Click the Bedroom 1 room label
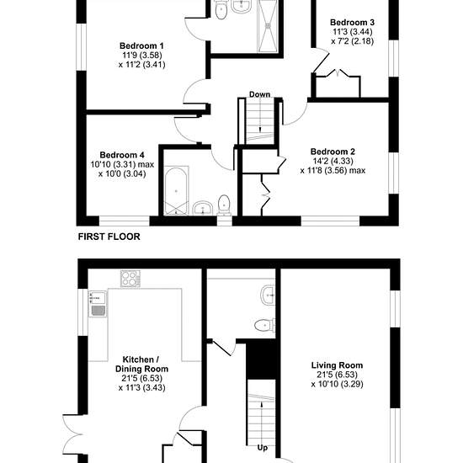click(x=141, y=45)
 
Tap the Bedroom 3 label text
click(x=352, y=22)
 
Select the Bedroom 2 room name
click(x=333, y=152)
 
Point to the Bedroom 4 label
click(x=122, y=155)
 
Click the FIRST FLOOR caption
click(x=109, y=237)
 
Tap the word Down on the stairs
click(x=260, y=94)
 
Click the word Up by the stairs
click(x=263, y=448)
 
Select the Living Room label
click(x=337, y=365)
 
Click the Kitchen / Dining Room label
click(x=141, y=364)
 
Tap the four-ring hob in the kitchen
click(x=130, y=279)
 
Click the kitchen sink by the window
click(x=98, y=304)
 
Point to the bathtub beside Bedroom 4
click(x=176, y=191)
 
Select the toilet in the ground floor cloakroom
click(x=265, y=325)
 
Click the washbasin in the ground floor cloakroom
click(x=268, y=295)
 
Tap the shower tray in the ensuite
click(x=269, y=26)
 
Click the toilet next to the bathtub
click(x=224, y=205)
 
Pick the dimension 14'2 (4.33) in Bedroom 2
click(x=333, y=161)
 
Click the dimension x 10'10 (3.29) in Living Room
click(x=337, y=384)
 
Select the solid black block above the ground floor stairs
click(x=261, y=359)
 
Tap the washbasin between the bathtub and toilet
click(x=203, y=208)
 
